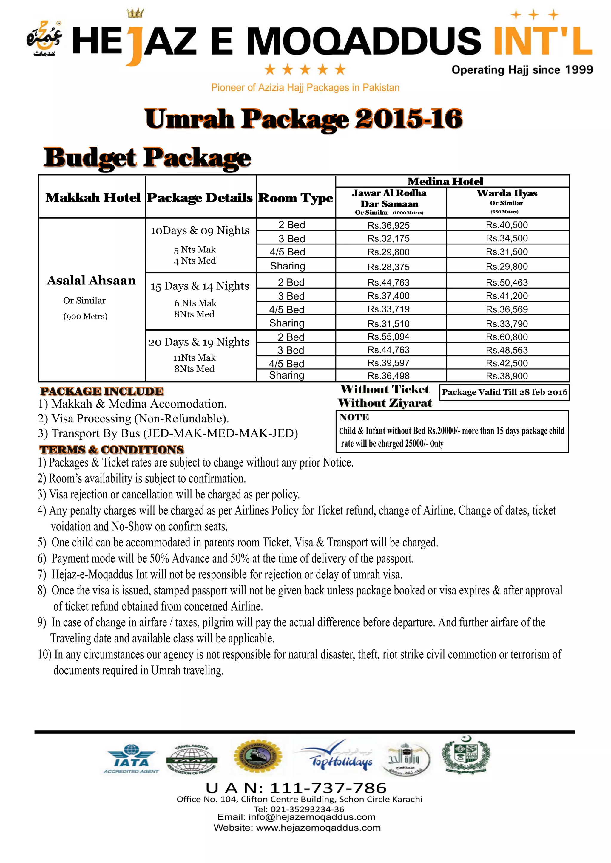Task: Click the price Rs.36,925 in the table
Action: point(389,226)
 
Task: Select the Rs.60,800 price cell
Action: point(507,337)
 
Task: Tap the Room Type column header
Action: point(295,198)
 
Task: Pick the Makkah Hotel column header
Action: point(92,197)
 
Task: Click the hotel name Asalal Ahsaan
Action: point(91,281)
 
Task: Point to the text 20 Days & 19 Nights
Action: point(199,342)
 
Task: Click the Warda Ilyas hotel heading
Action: point(507,193)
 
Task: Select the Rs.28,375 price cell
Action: point(389,267)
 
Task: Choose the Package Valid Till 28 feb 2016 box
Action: point(504,392)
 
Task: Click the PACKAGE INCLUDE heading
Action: point(102,391)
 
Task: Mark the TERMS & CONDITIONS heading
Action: point(112,450)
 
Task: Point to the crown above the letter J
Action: point(135,13)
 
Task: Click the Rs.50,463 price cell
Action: point(507,283)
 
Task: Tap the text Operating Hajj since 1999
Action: point(522,70)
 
